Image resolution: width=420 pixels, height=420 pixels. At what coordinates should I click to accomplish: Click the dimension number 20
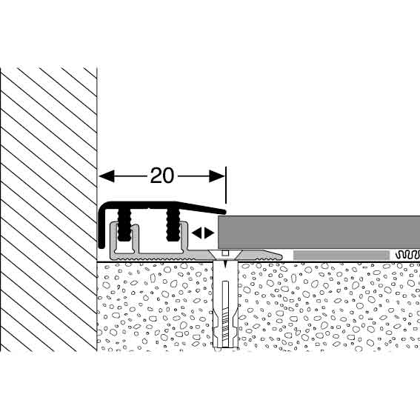pyautogui.click(x=162, y=176)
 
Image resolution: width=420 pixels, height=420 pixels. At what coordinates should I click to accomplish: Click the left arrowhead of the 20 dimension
pyautogui.click(x=107, y=176)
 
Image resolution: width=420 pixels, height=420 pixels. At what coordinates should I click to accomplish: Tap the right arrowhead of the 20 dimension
pyautogui.click(x=217, y=176)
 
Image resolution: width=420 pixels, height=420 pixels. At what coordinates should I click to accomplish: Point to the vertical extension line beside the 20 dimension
pyautogui.click(x=226, y=185)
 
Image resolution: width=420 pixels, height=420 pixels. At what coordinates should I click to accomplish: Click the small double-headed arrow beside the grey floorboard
pyautogui.click(x=203, y=233)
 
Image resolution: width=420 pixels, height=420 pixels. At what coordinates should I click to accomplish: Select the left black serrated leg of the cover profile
pyautogui.click(x=124, y=224)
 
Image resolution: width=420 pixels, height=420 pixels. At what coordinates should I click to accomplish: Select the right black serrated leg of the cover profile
pyautogui.click(x=173, y=224)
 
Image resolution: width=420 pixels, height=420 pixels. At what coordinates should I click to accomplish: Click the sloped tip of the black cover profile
pyautogui.click(x=222, y=212)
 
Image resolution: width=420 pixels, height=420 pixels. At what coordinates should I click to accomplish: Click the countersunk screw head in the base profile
pyautogui.click(x=225, y=254)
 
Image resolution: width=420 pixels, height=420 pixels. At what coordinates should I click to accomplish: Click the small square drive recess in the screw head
pyautogui.click(x=225, y=253)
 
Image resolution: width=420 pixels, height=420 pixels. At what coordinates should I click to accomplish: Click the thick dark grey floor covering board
pyautogui.click(x=319, y=232)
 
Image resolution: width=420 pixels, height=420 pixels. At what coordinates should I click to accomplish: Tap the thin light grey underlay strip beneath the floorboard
pyautogui.click(x=341, y=256)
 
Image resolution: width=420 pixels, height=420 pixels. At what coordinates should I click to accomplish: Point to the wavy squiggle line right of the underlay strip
pyautogui.click(x=407, y=255)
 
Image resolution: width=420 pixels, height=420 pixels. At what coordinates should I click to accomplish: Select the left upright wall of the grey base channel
pyautogui.click(x=113, y=237)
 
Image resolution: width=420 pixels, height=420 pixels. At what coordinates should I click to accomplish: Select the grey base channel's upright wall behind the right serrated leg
pyautogui.click(x=184, y=237)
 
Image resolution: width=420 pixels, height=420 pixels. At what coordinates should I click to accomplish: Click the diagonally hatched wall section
pyautogui.click(x=49, y=209)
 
